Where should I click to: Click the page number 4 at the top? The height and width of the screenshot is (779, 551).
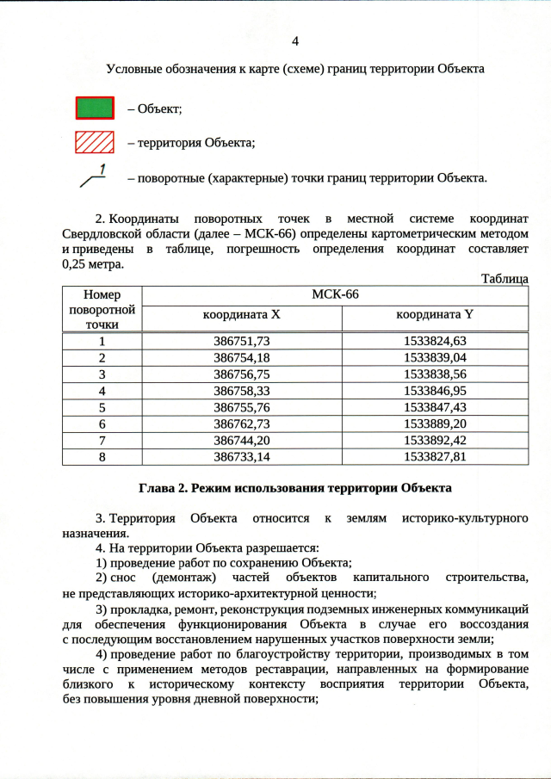tap(295, 40)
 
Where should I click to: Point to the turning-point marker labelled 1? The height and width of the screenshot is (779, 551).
tap(93, 176)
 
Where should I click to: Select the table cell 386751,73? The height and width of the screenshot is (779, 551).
tap(242, 341)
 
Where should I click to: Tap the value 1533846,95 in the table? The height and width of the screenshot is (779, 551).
tap(435, 390)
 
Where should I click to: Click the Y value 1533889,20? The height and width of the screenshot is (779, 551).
tap(435, 424)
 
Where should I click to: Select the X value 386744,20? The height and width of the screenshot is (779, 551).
tap(242, 440)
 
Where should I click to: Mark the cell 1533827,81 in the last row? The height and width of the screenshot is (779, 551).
tap(435, 456)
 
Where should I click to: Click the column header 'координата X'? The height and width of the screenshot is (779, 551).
tap(242, 315)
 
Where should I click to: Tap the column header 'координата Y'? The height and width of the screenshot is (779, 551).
tap(435, 315)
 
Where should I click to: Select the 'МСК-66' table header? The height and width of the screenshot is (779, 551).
tap(335, 294)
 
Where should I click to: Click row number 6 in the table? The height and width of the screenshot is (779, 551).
tap(102, 424)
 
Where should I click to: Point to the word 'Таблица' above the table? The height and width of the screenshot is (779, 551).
tap(505, 279)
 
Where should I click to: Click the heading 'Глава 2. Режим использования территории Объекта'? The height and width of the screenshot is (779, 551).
tap(295, 488)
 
